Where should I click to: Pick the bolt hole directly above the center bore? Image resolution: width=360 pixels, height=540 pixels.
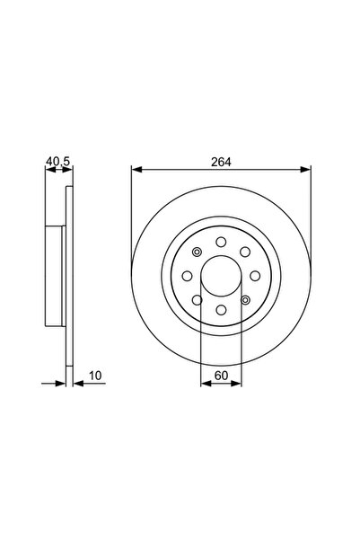pyautogui.click(x=221, y=241)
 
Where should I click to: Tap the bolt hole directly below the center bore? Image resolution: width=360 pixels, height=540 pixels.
pyautogui.click(x=221, y=309)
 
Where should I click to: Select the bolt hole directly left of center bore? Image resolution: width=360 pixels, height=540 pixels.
pyautogui.click(x=186, y=275)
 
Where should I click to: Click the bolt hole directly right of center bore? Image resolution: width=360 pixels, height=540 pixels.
pyautogui.click(x=255, y=275)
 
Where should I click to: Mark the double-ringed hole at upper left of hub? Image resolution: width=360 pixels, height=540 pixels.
pyautogui.click(x=197, y=251)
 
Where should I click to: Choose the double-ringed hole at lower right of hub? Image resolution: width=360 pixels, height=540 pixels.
pyautogui.click(x=245, y=299)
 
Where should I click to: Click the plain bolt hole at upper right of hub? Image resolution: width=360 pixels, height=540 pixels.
pyautogui.click(x=245, y=251)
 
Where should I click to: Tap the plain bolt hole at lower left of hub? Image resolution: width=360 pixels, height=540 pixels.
pyautogui.click(x=197, y=299)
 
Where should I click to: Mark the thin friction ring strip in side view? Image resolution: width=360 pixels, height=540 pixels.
pyautogui.click(x=68, y=275)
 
